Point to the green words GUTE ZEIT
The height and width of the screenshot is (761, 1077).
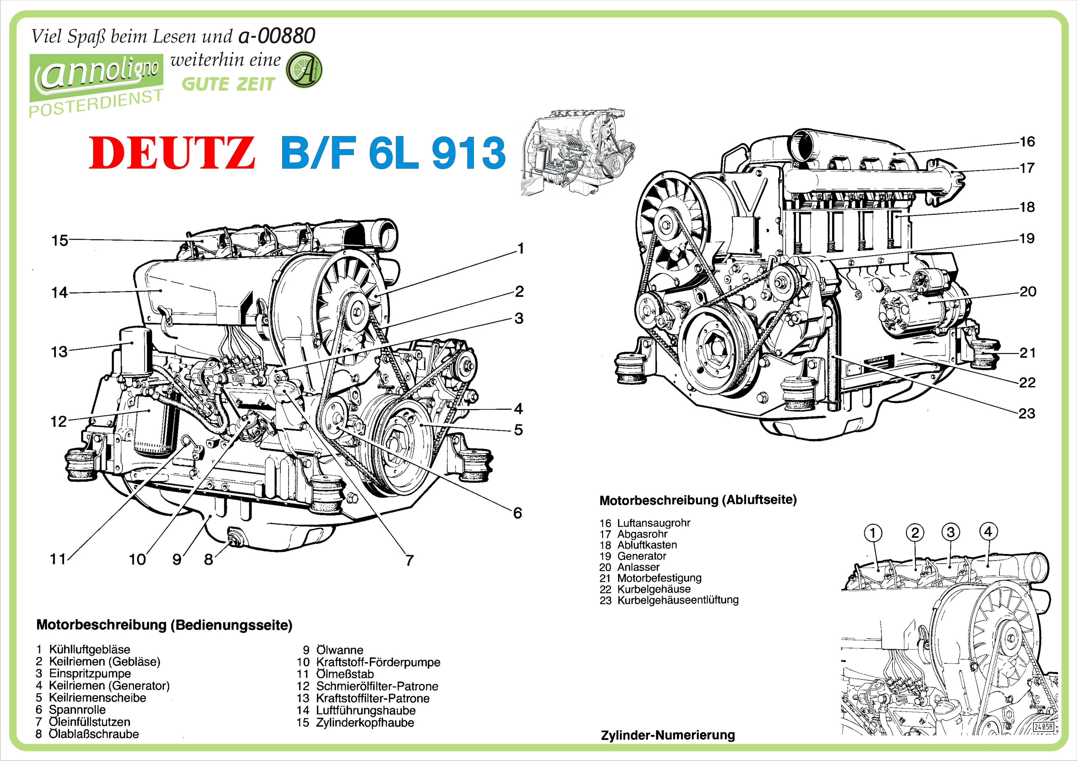(x=228, y=84)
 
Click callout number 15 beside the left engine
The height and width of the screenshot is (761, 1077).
(x=60, y=241)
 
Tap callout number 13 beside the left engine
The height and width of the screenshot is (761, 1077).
(x=59, y=352)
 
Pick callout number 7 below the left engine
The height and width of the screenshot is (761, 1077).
(x=409, y=560)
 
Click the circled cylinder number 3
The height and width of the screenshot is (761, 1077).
(x=950, y=532)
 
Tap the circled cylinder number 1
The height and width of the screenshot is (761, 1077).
(x=872, y=533)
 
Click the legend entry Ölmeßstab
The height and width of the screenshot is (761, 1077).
(x=345, y=674)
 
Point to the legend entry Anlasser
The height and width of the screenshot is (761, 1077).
(x=638, y=567)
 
